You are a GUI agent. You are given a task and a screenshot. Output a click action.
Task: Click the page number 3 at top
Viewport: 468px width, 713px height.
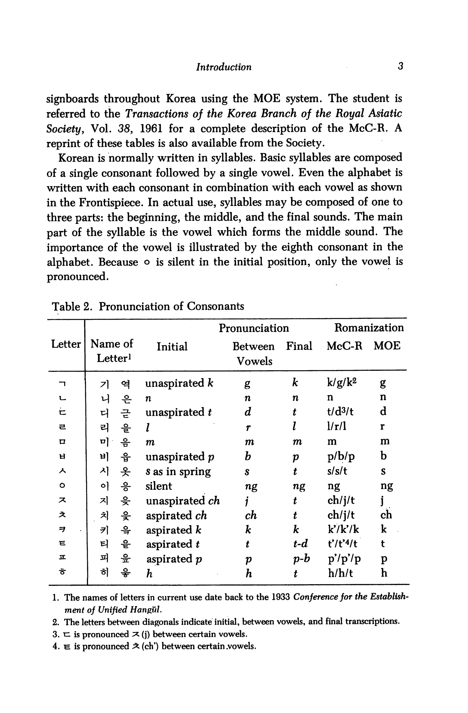pos(401,66)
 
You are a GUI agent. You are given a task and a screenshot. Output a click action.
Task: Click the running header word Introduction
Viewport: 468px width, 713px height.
pos(224,67)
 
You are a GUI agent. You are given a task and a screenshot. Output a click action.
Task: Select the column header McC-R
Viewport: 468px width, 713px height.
pos(344,346)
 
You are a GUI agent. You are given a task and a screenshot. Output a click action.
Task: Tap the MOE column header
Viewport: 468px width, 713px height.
pos(387,346)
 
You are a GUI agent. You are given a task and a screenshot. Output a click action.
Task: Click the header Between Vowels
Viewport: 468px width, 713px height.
pos(253,354)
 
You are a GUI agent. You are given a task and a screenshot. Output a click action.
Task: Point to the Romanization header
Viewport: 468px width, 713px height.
pos(369,327)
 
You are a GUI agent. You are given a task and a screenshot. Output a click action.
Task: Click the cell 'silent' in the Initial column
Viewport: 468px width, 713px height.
pos(159,486)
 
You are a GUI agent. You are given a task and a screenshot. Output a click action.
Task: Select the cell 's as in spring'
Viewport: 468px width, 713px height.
pos(178,471)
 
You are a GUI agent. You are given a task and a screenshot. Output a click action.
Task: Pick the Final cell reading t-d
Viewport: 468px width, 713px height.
pos(300,544)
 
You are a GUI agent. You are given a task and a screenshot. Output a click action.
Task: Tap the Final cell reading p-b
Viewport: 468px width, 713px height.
pos(301,559)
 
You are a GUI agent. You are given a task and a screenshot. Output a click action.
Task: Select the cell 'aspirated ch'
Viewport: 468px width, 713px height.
pos(176,516)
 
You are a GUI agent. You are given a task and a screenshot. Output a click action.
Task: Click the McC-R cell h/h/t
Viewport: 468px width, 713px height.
pos(340,573)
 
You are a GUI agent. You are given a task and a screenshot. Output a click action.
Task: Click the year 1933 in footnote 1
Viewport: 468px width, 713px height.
pos(281,597)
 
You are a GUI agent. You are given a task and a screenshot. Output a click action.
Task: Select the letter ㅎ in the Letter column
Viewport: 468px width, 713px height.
pos(63,573)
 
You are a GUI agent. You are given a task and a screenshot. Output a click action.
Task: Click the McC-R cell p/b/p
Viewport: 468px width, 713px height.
pos(341,457)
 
